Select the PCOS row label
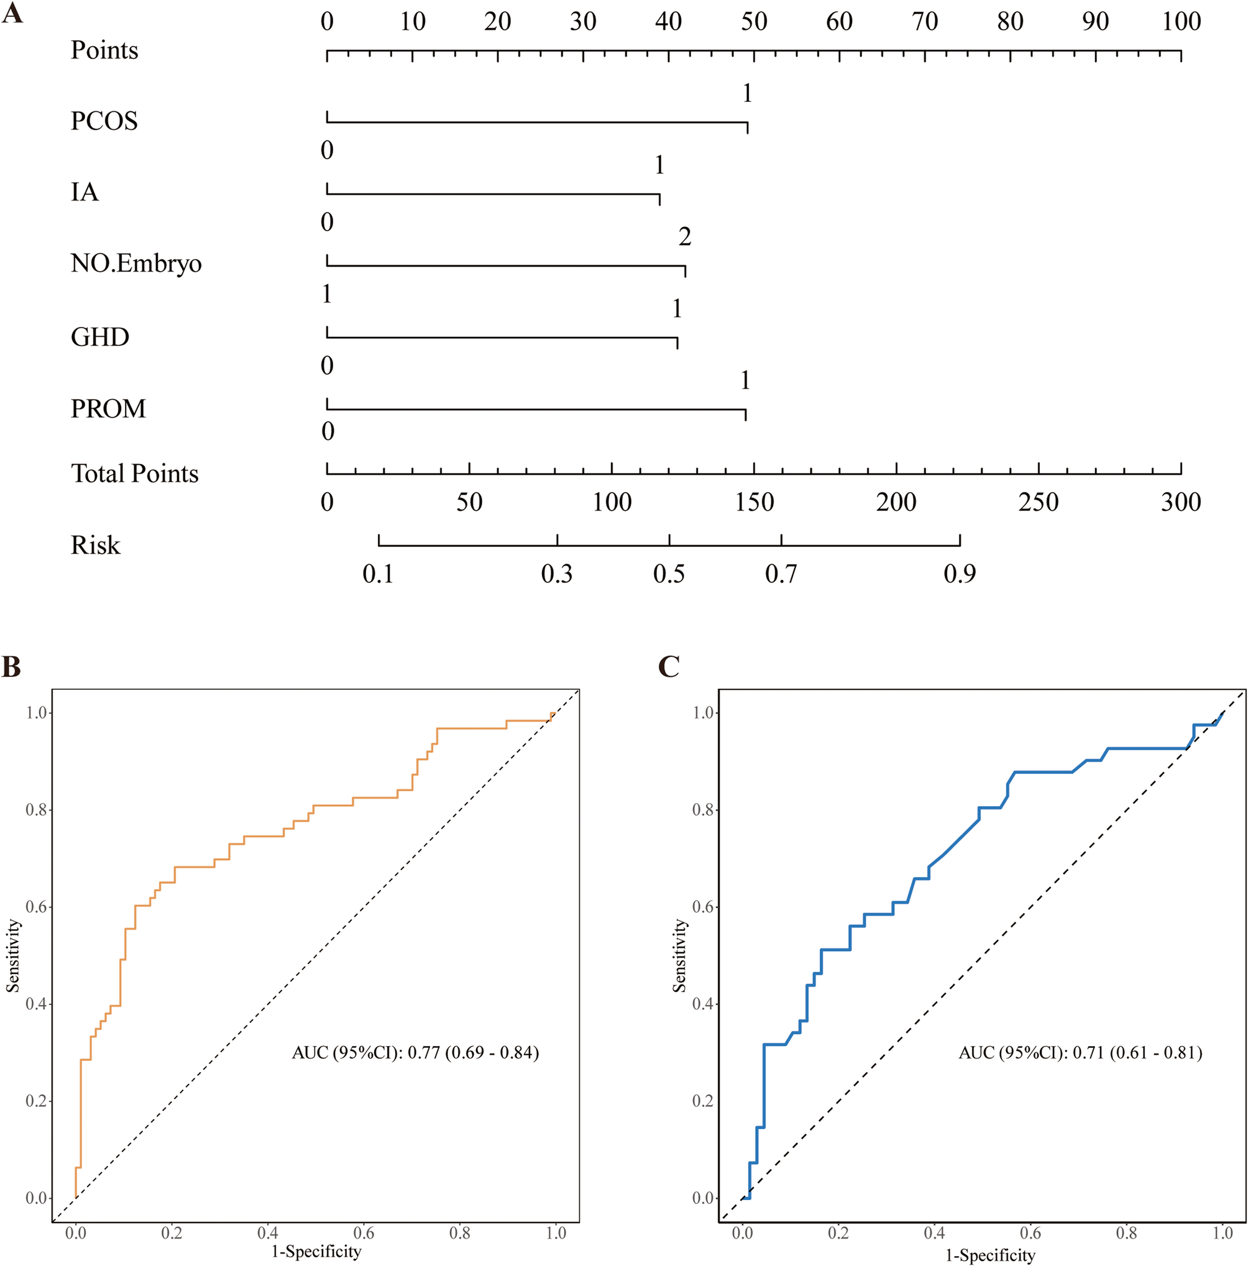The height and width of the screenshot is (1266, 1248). point(104,121)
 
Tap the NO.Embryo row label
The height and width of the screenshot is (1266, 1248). point(135,264)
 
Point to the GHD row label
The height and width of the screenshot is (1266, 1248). point(99,337)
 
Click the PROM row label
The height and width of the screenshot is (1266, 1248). point(108,409)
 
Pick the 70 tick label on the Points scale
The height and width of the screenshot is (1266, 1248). point(925,22)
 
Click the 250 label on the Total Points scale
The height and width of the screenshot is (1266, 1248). point(1039,503)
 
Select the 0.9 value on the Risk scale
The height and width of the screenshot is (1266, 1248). point(960,574)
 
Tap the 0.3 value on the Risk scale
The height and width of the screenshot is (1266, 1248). point(556,574)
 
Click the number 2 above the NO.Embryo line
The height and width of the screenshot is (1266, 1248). point(685,237)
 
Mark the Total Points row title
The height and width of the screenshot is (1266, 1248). point(134,474)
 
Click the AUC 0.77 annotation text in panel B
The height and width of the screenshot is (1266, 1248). point(415,1053)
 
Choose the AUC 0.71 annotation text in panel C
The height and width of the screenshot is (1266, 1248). point(1080,1053)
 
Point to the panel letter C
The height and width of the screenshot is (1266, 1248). point(669,667)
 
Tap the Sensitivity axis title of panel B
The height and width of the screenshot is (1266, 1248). point(14,955)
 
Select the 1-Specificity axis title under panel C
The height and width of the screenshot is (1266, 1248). point(989,1255)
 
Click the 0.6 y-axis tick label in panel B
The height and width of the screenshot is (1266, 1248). point(36,907)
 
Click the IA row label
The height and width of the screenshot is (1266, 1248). point(85,193)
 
